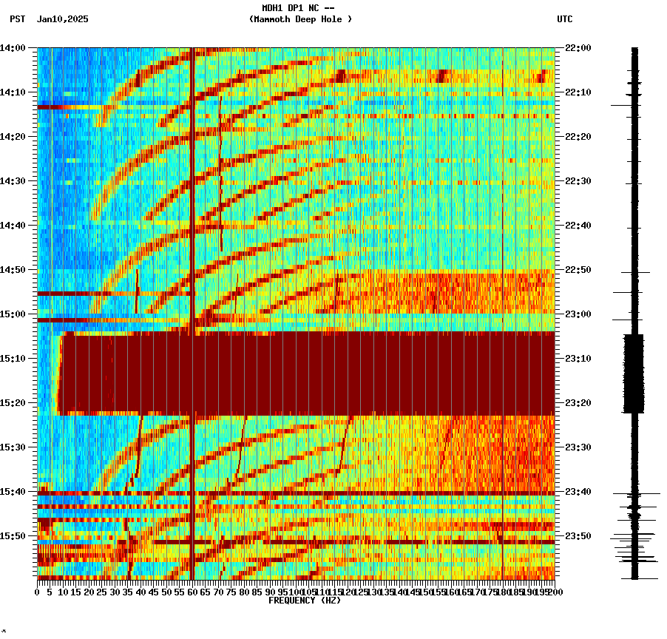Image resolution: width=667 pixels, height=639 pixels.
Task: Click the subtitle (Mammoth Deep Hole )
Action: (300, 19)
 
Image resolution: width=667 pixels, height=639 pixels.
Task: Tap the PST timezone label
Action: (18, 19)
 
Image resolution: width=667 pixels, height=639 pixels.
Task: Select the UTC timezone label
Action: (564, 19)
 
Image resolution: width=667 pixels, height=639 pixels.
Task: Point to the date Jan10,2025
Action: (62, 19)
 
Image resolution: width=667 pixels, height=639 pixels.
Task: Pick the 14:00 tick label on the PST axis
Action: (13, 48)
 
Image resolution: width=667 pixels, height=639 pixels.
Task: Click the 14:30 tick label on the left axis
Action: (13, 181)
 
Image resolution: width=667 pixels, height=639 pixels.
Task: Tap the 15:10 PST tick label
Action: (13, 359)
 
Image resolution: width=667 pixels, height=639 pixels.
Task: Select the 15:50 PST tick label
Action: (13, 536)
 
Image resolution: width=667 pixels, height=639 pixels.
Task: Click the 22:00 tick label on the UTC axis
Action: (578, 48)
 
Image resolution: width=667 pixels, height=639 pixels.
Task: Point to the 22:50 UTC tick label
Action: (578, 270)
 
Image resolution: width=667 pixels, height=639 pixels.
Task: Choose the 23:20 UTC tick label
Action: (578, 403)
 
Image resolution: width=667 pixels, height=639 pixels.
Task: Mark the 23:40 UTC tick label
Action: (578, 492)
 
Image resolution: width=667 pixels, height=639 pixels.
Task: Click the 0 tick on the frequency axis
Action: (38, 592)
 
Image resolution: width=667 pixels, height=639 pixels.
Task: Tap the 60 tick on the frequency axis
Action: (192, 592)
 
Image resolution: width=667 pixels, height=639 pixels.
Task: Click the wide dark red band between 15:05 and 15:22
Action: (307, 373)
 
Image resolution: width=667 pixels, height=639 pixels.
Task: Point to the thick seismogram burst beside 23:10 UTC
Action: (634, 373)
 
